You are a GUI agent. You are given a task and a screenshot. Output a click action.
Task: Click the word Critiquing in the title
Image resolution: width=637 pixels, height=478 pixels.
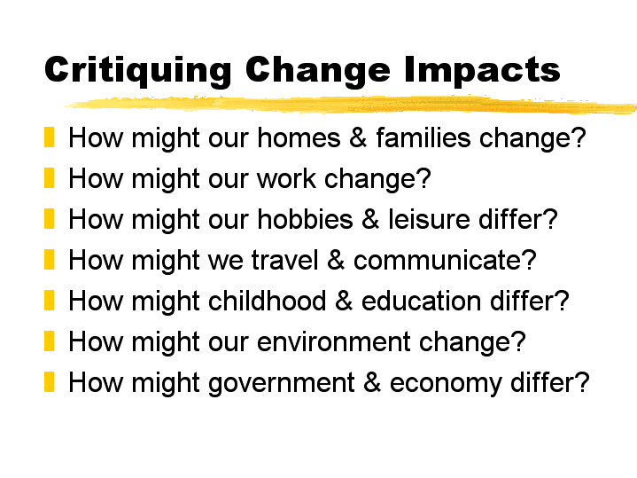[x=138, y=70]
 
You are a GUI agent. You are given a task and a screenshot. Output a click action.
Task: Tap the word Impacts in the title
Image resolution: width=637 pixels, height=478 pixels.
[x=482, y=70]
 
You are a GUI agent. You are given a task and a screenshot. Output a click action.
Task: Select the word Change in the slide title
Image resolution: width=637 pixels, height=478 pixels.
[x=318, y=70]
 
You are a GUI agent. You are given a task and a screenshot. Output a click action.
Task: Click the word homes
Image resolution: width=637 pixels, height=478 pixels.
[x=299, y=137]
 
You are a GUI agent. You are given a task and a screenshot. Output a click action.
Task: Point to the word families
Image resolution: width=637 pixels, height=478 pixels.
[x=423, y=137]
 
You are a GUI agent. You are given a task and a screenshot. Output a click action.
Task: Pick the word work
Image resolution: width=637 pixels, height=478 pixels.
[x=286, y=178]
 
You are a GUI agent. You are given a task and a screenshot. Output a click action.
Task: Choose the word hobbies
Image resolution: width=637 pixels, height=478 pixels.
[x=305, y=219]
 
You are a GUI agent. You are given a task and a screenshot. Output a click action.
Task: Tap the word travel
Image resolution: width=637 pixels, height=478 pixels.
[x=284, y=260]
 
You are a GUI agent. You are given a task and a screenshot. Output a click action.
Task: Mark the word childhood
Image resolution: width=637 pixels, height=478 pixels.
[x=267, y=301]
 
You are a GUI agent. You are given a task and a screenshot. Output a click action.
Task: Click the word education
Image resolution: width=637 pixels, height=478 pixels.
[x=422, y=301]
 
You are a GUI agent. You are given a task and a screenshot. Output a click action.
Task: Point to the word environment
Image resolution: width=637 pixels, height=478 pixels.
[x=333, y=341]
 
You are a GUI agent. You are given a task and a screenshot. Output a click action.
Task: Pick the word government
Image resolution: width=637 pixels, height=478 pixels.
[x=282, y=383]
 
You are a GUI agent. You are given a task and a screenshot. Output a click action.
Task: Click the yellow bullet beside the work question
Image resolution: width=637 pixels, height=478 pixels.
[x=49, y=177]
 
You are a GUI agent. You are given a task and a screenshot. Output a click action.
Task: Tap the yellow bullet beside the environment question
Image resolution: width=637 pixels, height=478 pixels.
[x=49, y=341]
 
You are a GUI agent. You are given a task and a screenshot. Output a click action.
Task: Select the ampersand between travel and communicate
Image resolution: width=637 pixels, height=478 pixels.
[x=336, y=260]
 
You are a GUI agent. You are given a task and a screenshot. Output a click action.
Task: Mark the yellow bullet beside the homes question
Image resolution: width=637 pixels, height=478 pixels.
[x=49, y=137]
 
